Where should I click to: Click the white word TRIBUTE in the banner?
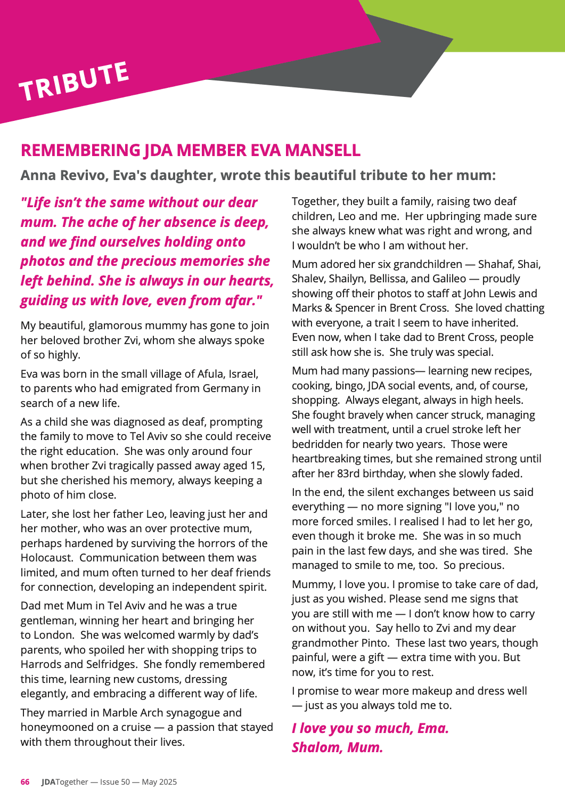[x=74, y=81]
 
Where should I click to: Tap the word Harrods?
[x=43, y=664]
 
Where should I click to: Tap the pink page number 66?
[x=25, y=782]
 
